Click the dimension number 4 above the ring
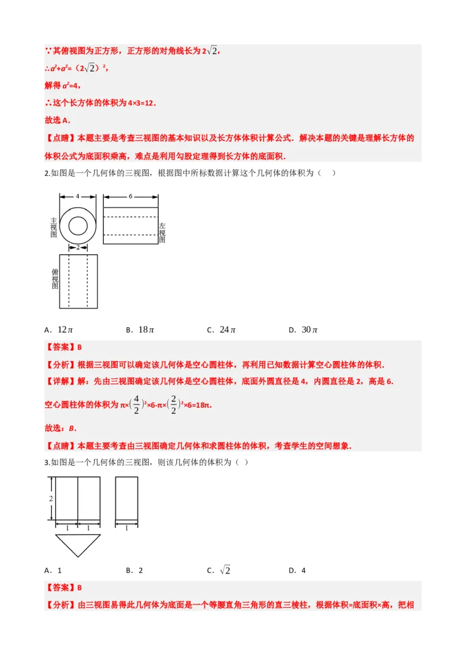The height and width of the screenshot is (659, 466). tap(77, 196)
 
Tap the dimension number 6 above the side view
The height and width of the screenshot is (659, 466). tap(130, 196)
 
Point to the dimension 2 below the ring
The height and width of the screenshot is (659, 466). tap(77, 247)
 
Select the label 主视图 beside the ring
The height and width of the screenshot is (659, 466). tap(54, 228)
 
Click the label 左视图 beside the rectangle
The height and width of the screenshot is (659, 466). tap(163, 232)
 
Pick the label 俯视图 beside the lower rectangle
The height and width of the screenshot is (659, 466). tap(55, 279)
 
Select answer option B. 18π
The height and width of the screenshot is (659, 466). tap(140, 330)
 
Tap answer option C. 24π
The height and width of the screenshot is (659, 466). tap(221, 330)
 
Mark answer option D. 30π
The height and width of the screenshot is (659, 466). tap(303, 330)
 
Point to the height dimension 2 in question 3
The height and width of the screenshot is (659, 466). tap(51, 499)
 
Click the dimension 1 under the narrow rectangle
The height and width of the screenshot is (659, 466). tap(126, 528)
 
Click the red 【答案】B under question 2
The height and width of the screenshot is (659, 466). tap(63, 348)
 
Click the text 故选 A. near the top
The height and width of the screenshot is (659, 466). tap(57, 121)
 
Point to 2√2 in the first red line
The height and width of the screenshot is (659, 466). tap(210, 51)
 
